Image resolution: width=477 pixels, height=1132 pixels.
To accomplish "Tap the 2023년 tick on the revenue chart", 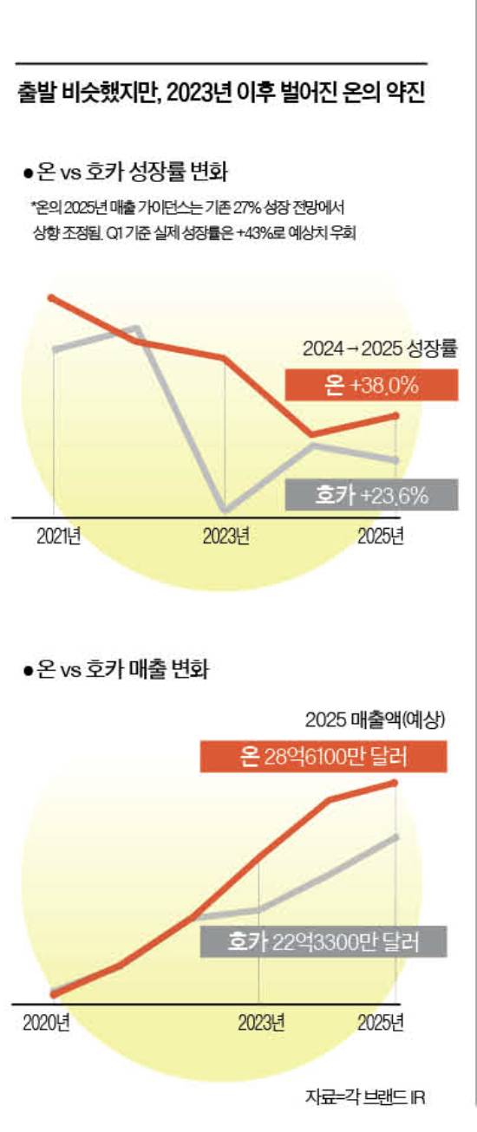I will (x=261, y=1022).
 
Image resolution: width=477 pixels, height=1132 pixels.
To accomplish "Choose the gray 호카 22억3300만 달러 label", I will (x=323, y=941).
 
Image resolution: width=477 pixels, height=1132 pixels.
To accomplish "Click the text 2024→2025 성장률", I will (x=379, y=350).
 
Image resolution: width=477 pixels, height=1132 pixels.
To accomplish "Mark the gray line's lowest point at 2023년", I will (x=225, y=511).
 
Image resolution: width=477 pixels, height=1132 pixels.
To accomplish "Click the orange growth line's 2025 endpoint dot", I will (x=397, y=416).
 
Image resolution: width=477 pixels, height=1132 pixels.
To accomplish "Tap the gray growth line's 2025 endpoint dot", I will (x=397, y=459).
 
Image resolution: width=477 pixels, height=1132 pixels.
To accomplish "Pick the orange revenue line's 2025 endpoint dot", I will (x=397, y=783).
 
